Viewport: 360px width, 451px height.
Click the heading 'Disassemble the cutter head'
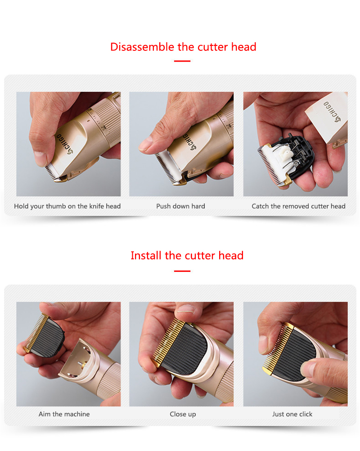coord(183,47)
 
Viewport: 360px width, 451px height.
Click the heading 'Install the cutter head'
coord(187,255)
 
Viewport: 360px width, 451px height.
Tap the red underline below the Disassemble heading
coord(182,61)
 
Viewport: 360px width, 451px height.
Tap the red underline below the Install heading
coord(182,271)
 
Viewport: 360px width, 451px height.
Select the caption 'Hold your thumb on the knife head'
coord(67,206)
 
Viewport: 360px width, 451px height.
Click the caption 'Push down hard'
coord(180,206)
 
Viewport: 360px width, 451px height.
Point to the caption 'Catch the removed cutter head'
coord(298,206)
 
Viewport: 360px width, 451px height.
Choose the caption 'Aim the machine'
coord(64,414)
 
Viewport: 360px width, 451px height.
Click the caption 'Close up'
coord(183,414)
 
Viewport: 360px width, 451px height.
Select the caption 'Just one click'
coord(292,414)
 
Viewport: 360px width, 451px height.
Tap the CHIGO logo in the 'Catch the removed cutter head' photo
coord(332,111)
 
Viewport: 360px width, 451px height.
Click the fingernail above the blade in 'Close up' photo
coord(185,309)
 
